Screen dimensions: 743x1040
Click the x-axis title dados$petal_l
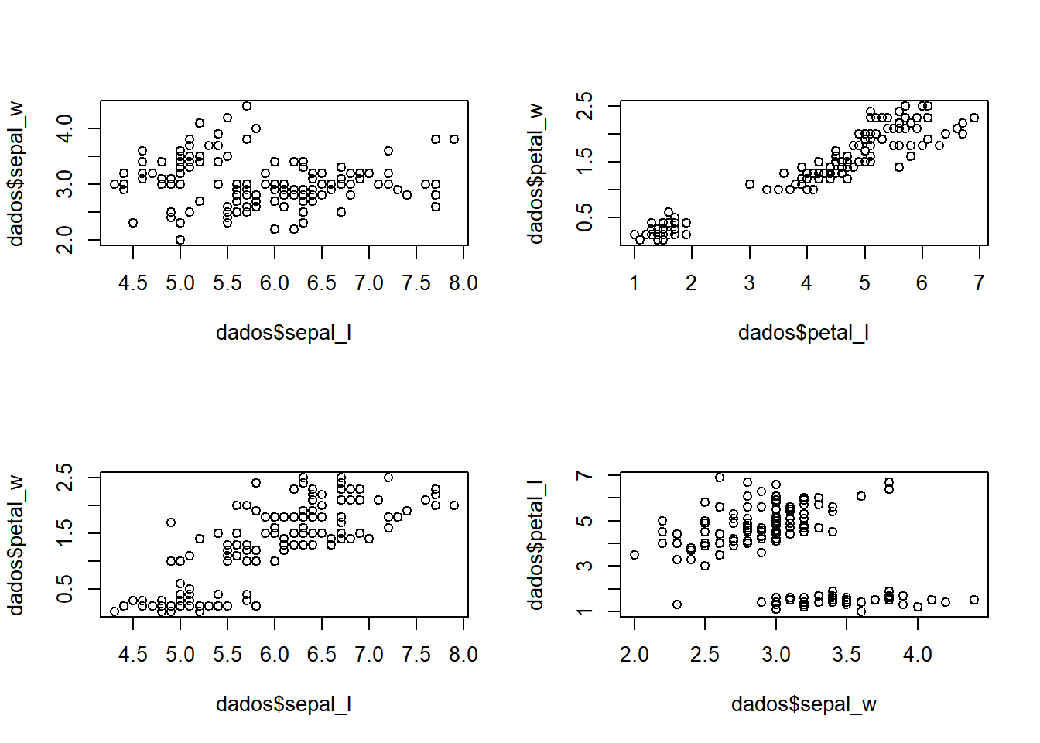coord(803,333)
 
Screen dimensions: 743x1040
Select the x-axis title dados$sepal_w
coord(803,704)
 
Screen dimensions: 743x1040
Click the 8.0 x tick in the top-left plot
coord(464,283)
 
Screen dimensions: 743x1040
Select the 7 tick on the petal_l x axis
coord(980,283)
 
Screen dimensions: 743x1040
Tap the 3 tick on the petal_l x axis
coord(749,283)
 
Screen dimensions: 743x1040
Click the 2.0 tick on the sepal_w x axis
coord(635,655)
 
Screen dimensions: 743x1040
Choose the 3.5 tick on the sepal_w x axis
coord(847,655)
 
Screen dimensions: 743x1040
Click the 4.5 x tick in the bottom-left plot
coord(133,655)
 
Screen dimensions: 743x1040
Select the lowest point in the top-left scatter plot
coord(180,240)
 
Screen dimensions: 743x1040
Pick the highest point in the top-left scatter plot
coord(247,106)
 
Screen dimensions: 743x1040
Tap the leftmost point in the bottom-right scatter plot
coord(635,555)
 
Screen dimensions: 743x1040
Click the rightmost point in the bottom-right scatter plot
coord(974,600)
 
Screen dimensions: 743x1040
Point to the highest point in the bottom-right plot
coord(720,478)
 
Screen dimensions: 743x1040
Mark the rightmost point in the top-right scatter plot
coord(974,118)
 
